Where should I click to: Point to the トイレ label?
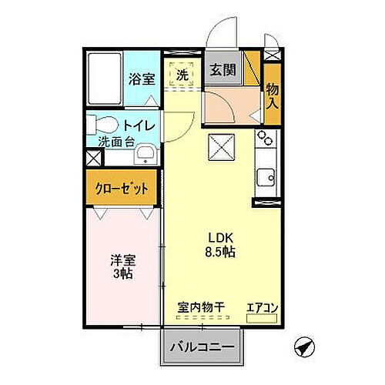[x=139, y=126]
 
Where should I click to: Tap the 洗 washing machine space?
[x=182, y=75]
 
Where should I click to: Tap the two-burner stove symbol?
[x=265, y=139]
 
